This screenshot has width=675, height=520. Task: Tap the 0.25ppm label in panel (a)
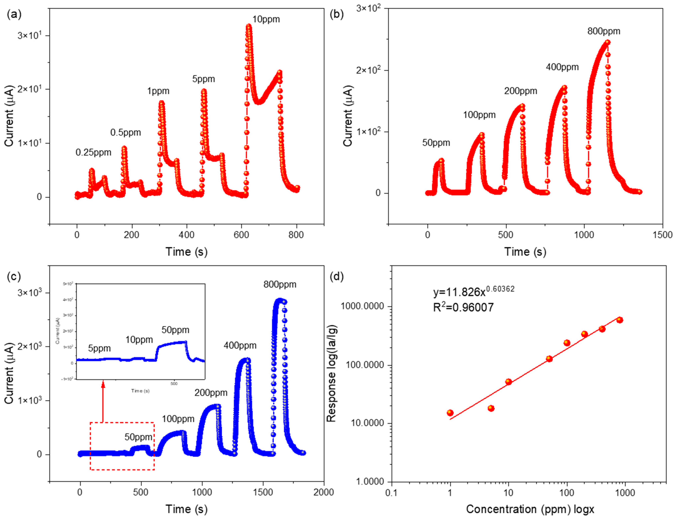tap(93, 152)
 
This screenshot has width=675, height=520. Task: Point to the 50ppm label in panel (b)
tap(436, 143)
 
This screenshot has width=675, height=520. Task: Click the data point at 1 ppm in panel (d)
tap(450, 413)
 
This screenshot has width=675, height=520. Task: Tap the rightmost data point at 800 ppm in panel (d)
tap(620, 320)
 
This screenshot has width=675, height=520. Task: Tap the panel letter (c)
tap(14, 276)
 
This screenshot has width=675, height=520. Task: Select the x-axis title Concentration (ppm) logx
tap(530, 509)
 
